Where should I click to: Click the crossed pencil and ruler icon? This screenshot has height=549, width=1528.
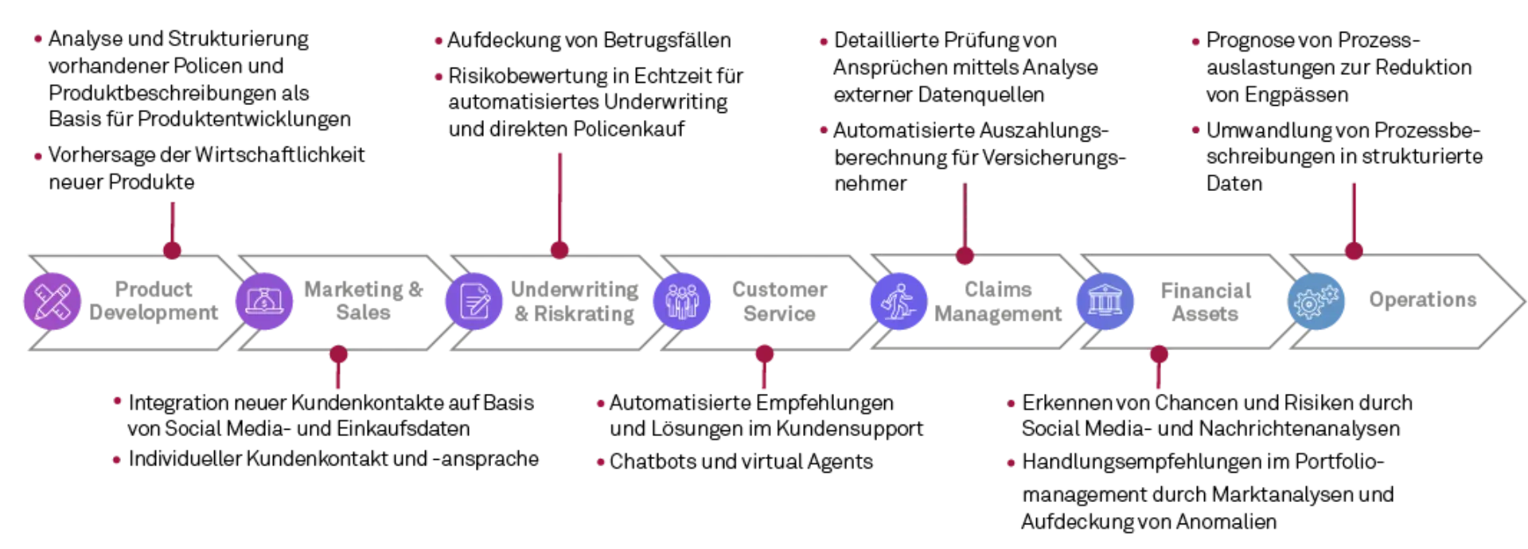52,301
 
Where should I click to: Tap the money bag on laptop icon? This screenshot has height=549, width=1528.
264,301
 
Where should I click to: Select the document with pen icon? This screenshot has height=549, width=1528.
474,301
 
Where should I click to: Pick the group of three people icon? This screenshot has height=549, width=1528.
681,301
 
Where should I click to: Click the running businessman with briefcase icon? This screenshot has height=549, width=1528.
898,301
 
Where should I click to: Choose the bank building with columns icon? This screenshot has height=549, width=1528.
1106,301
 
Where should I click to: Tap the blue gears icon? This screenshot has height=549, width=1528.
1317,301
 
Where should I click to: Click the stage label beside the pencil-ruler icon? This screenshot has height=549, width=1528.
155,302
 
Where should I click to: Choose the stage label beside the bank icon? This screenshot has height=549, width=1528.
1206,302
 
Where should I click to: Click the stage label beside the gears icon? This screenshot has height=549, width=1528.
1422,301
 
